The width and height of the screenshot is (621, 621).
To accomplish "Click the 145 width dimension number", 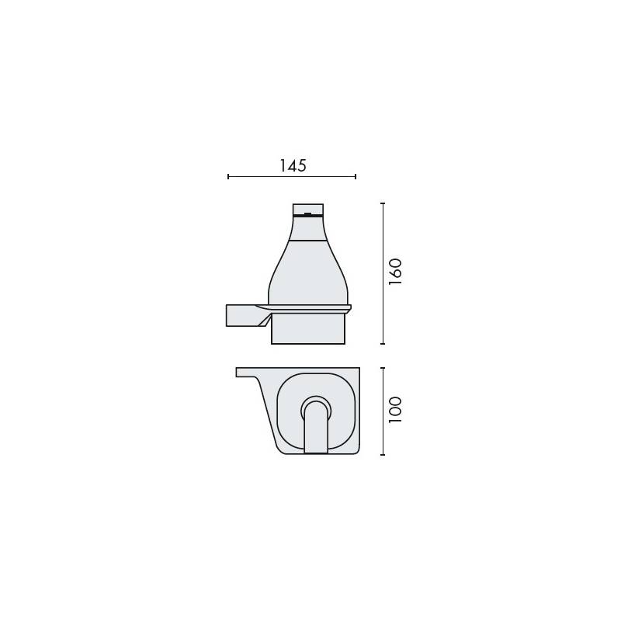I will click(x=292, y=165).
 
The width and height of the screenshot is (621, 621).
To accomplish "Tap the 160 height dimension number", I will click(x=394, y=272).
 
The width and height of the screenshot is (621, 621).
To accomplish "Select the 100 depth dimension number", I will click(x=394, y=409).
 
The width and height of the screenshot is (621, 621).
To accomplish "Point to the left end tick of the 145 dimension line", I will click(x=228, y=177).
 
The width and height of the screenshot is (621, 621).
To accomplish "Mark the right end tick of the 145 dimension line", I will click(x=356, y=177).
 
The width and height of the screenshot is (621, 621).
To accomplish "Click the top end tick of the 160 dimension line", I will click(x=383, y=203).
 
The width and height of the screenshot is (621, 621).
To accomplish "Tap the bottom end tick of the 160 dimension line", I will click(x=383, y=343).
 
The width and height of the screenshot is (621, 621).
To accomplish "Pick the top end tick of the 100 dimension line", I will click(x=383, y=367).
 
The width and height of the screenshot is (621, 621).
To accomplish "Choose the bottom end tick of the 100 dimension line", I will click(x=383, y=455).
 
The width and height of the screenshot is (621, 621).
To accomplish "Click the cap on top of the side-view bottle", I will click(x=307, y=207).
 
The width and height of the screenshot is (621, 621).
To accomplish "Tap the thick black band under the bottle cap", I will click(x=307, y=216).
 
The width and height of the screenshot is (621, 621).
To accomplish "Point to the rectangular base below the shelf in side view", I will click(x=307, y=329).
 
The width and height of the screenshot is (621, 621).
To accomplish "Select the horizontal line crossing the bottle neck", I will click(x=307, y=241).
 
